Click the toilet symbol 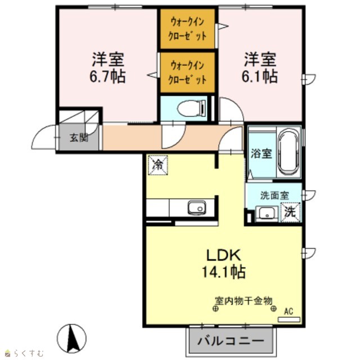coord(192,108)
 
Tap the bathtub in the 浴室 coord(289,152)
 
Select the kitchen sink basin coord(197,208)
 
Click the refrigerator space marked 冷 coord(157,165)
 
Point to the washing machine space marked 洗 coord(291,213)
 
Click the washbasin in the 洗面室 coord(267,214)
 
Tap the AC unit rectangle coord(289,319)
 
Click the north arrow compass coord(71,339)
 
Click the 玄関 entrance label coord(79,138)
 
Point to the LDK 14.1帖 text coord(224,263)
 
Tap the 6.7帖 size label coord(107,76)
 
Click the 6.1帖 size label coord(260,76)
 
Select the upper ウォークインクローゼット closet coord(187,29)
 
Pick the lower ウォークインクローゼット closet coord(187,73)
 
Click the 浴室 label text coord(261,154)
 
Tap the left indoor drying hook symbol coord(215,309)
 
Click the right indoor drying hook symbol coord(273,309)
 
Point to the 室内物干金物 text coord(244,301)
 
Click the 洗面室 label coord(274,195)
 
